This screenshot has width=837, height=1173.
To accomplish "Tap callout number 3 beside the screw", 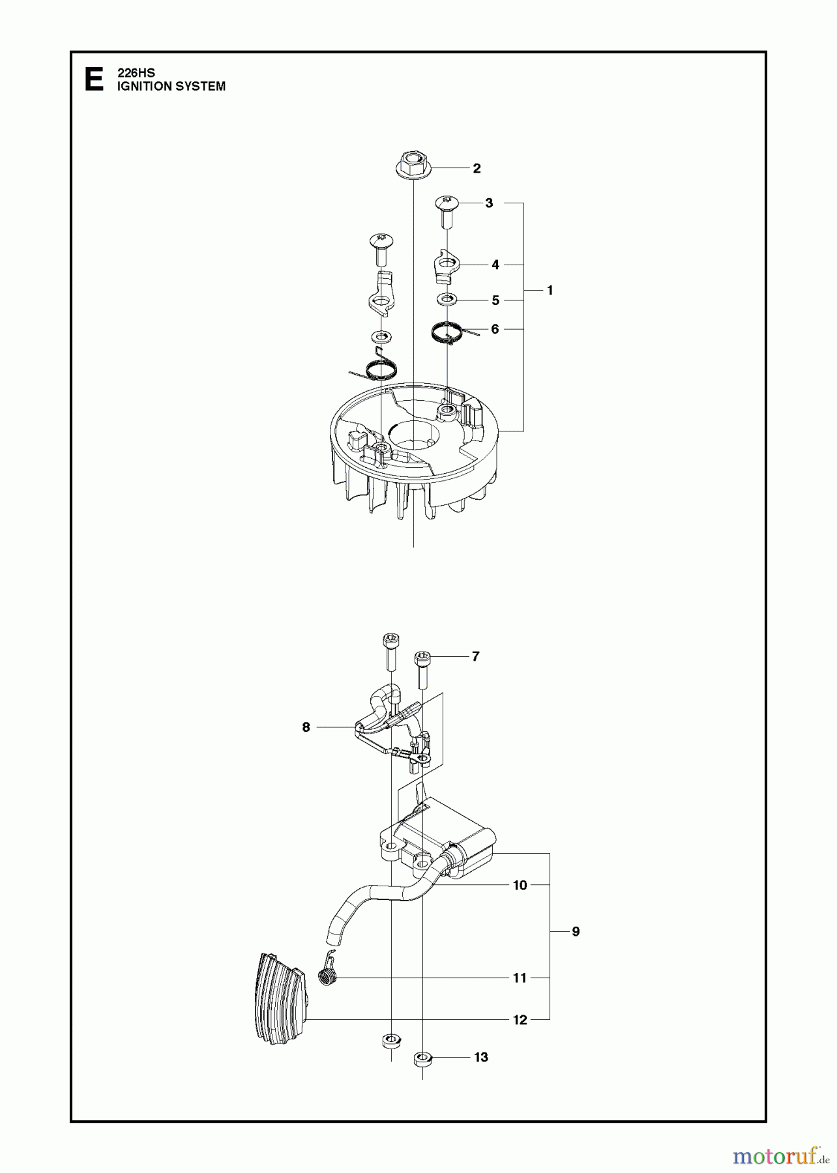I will coord(489,203).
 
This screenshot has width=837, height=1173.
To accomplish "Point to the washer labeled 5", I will coord(447,299).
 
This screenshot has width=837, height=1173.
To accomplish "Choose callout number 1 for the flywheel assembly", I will coord(550,290).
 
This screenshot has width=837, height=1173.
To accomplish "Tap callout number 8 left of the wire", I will coord(306,727).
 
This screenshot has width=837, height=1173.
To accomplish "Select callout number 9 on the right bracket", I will coord(576,931).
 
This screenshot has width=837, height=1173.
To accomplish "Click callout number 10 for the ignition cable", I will coord(520,885).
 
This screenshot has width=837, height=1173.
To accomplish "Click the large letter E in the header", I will coord(94,80).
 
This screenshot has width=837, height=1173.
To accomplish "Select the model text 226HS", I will coord(136,74).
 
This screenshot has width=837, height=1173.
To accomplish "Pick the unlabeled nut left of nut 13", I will coord(390,1039).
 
